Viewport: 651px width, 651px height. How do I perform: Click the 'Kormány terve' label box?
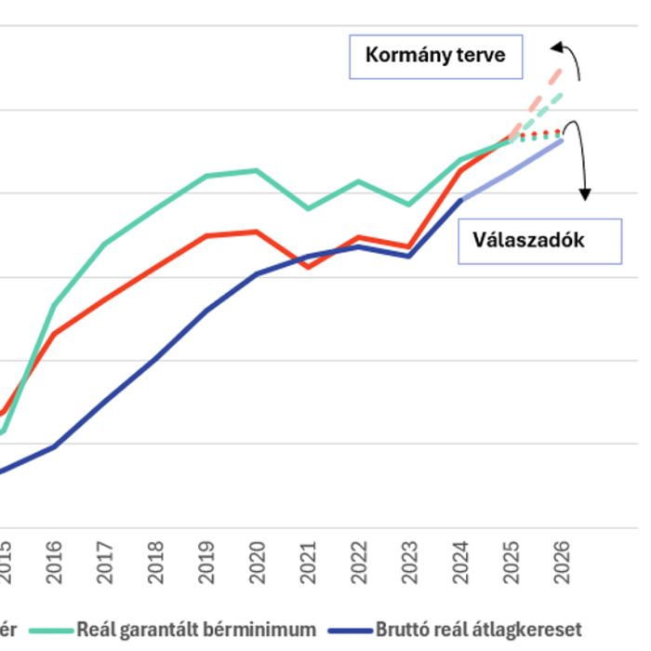coord(435,56)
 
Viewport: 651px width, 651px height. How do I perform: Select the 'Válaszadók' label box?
coord(541,241)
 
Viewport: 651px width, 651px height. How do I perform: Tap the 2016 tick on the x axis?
coord(53,563)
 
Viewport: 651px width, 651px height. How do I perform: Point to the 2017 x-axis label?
coord(104,563)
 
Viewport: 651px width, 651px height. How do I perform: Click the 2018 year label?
coord(155,563)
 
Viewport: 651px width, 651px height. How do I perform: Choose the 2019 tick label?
coord(206,563)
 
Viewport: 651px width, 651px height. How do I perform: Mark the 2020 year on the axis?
coord(258,563)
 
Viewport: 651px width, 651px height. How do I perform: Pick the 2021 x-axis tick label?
coord(309,563)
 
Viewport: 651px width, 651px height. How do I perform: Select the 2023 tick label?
coord(410,563)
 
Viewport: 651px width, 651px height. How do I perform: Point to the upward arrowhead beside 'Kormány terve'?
coord(555,46)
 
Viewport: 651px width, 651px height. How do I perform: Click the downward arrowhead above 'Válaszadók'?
coord(585,194)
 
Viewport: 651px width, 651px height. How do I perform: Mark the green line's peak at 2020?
coord(257,170)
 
